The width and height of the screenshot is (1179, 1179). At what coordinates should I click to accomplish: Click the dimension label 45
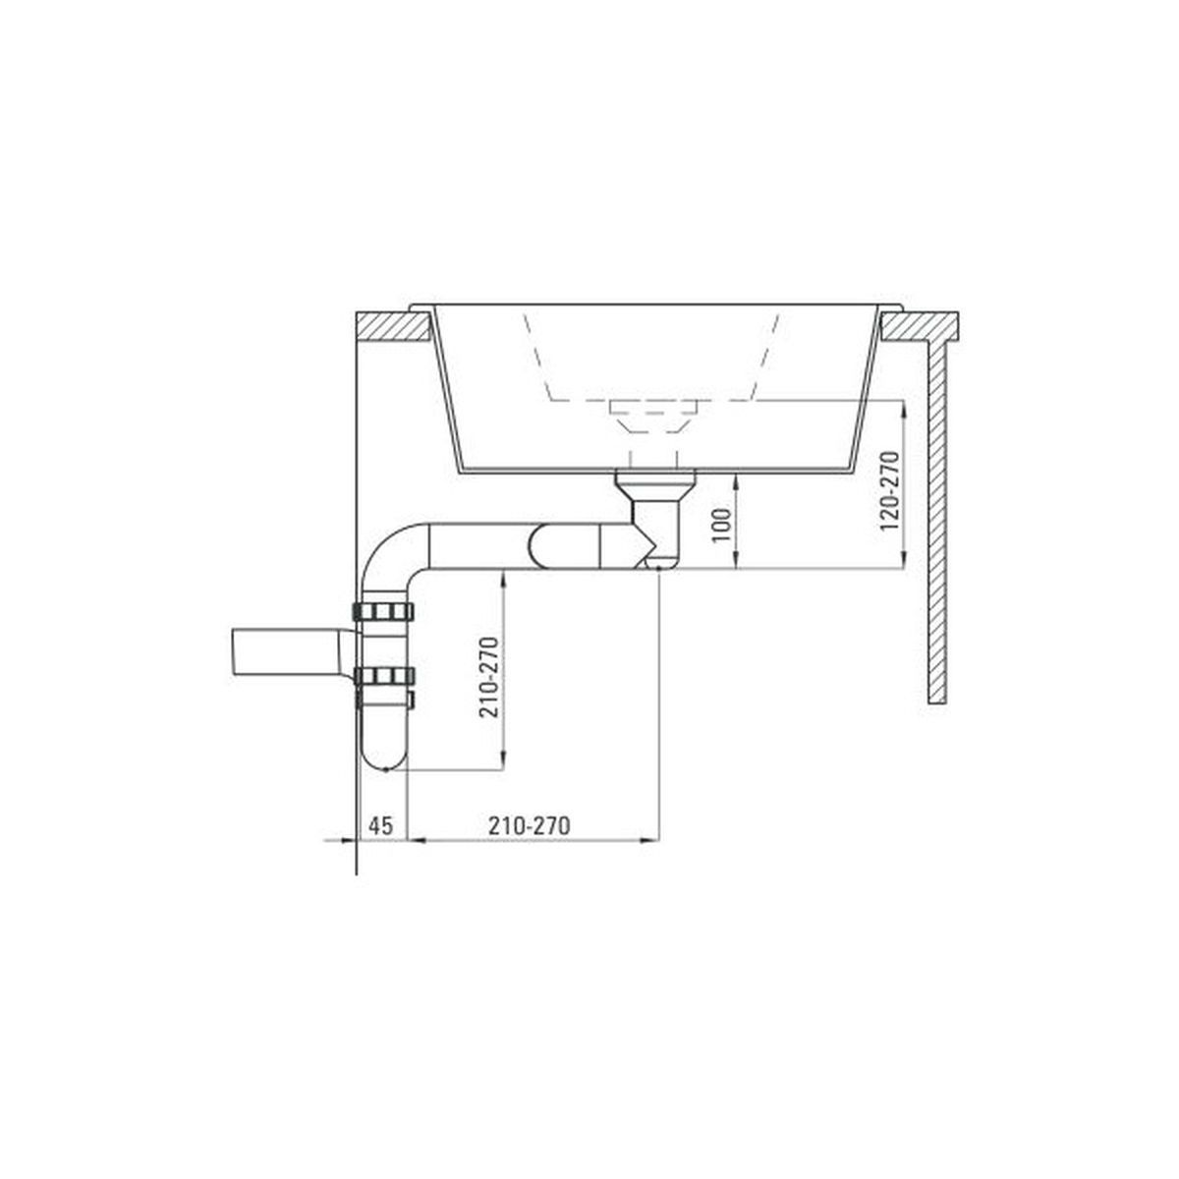pos(380,826)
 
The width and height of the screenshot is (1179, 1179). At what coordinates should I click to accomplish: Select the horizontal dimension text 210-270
pos(530,826)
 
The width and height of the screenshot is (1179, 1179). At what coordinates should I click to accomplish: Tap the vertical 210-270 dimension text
pos(490,678)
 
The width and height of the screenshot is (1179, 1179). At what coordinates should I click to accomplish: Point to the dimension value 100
pos(722,525)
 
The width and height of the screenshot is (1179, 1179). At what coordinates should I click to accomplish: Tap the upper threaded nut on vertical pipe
pos(383,610)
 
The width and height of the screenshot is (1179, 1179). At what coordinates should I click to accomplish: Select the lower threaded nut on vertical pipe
pos(383,675)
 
